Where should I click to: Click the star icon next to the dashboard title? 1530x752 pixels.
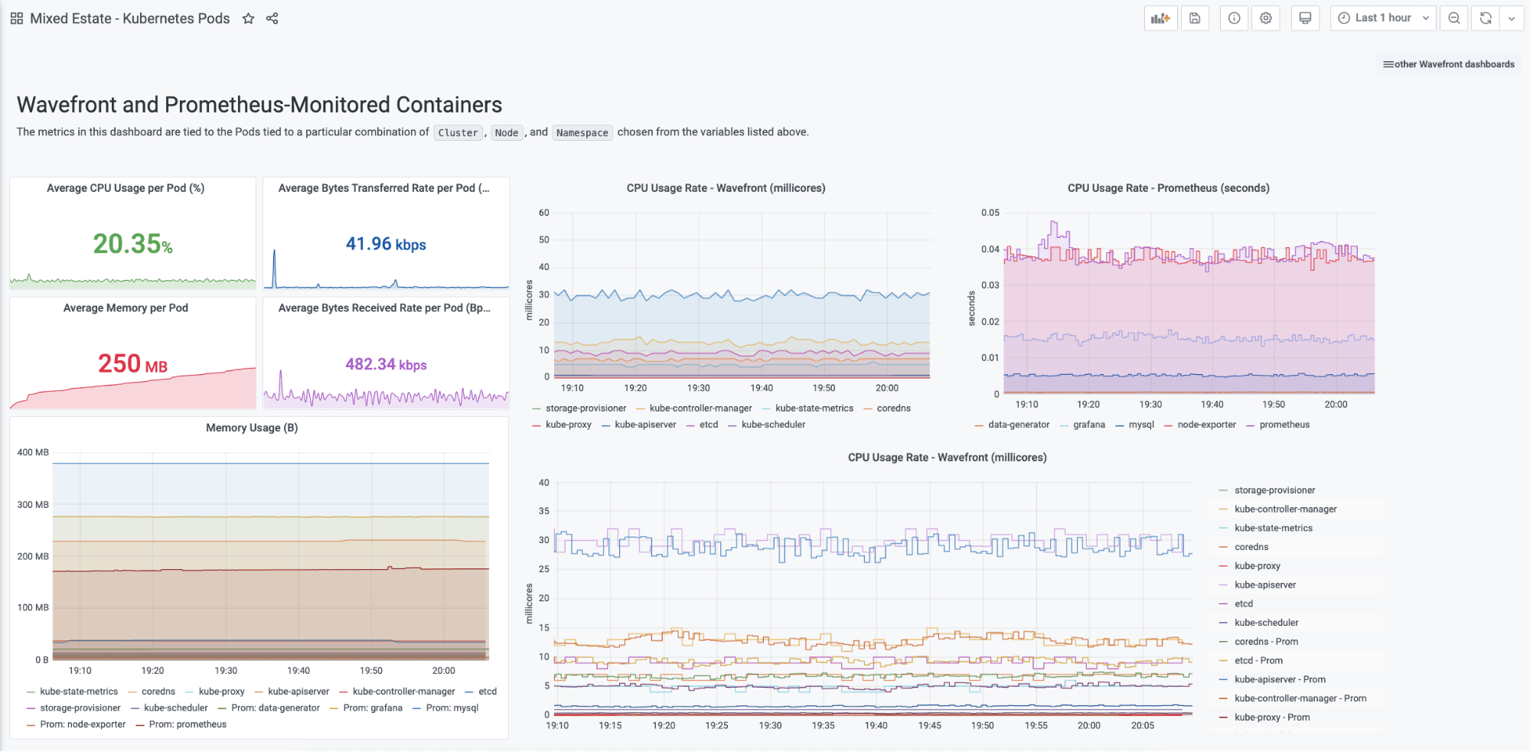click(248, 18)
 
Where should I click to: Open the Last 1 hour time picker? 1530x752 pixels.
click(1382, 18)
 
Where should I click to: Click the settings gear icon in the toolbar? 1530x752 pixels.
click(1266, 18)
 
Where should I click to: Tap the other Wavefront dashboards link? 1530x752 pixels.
click(1449, 64)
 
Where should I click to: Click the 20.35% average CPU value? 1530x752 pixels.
click(132, 244)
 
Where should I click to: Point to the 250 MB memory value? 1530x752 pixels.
click(132, 364)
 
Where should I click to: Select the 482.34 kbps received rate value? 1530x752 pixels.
click(386, 364)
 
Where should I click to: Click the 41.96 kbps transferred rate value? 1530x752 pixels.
click(386, 244)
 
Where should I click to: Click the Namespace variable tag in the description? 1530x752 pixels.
click(582, 132)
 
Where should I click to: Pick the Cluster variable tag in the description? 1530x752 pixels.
click(458, 132)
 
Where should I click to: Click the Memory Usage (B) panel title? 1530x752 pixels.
click(252, 428)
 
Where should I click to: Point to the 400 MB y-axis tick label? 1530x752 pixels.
click(33, 452)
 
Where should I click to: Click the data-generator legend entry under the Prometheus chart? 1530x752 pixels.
click(1018, 425)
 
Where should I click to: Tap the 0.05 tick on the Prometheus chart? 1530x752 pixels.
click(990, 213)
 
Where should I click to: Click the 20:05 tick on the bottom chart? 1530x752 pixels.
click(1142, 725)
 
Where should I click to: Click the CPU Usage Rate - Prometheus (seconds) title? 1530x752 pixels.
click(1168, 188)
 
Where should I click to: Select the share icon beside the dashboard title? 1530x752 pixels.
click(272, 18)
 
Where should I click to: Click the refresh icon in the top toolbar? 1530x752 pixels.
click(1486, 18)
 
